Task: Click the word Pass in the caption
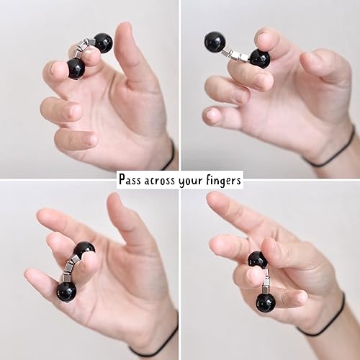click(133, 179)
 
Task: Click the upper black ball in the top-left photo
click(103, 43)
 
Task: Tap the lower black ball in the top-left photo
click(76, 69)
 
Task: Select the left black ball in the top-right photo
click(214, 42)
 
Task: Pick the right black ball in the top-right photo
click(259, 58)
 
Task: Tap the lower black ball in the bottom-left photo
click(66, 292)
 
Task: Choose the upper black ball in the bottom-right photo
click(258, 260)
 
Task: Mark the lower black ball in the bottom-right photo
click(265, 302)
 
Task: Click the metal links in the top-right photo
click(235, 53)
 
